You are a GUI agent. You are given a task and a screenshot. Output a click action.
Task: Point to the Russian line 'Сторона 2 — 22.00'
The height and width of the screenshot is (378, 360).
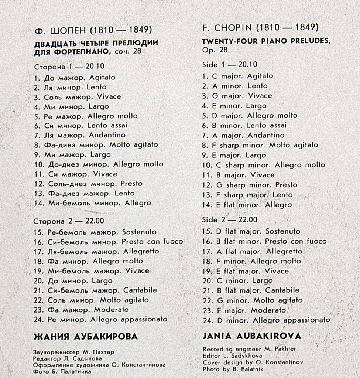69,221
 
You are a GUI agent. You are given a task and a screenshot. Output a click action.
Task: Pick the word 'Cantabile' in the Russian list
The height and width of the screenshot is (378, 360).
140,290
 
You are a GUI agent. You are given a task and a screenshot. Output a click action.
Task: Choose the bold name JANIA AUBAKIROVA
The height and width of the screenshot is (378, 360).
252,336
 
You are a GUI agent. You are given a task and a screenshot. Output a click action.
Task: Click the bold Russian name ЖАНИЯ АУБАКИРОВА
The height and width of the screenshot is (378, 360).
85,337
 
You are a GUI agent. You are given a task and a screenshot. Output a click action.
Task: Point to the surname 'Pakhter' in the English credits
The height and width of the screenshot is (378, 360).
284,349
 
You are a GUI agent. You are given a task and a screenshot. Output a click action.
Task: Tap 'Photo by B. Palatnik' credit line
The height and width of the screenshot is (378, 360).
233,368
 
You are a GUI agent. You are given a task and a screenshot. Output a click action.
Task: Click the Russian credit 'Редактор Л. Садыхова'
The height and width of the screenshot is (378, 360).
67,358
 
